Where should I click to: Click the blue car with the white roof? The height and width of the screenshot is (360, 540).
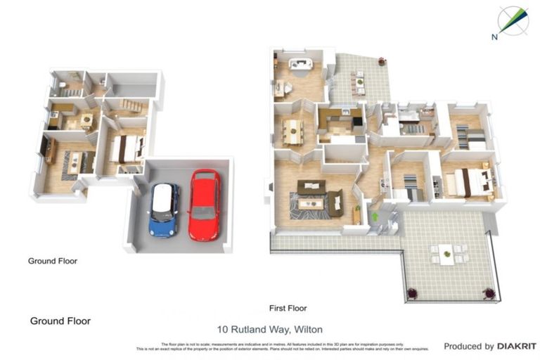[165, 209]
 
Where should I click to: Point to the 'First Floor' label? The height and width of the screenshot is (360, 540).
[288, 308]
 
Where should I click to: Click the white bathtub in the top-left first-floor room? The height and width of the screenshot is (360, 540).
[301, 65]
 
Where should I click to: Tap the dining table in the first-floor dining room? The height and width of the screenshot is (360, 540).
[291, 129]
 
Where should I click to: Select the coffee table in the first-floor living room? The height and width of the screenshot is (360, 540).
[311, 204]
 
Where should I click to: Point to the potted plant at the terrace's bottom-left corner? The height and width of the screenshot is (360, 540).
[413, 292]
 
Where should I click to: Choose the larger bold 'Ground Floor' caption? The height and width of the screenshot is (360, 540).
[60, 321]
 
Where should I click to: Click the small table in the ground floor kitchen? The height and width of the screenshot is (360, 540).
[87, 120]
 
